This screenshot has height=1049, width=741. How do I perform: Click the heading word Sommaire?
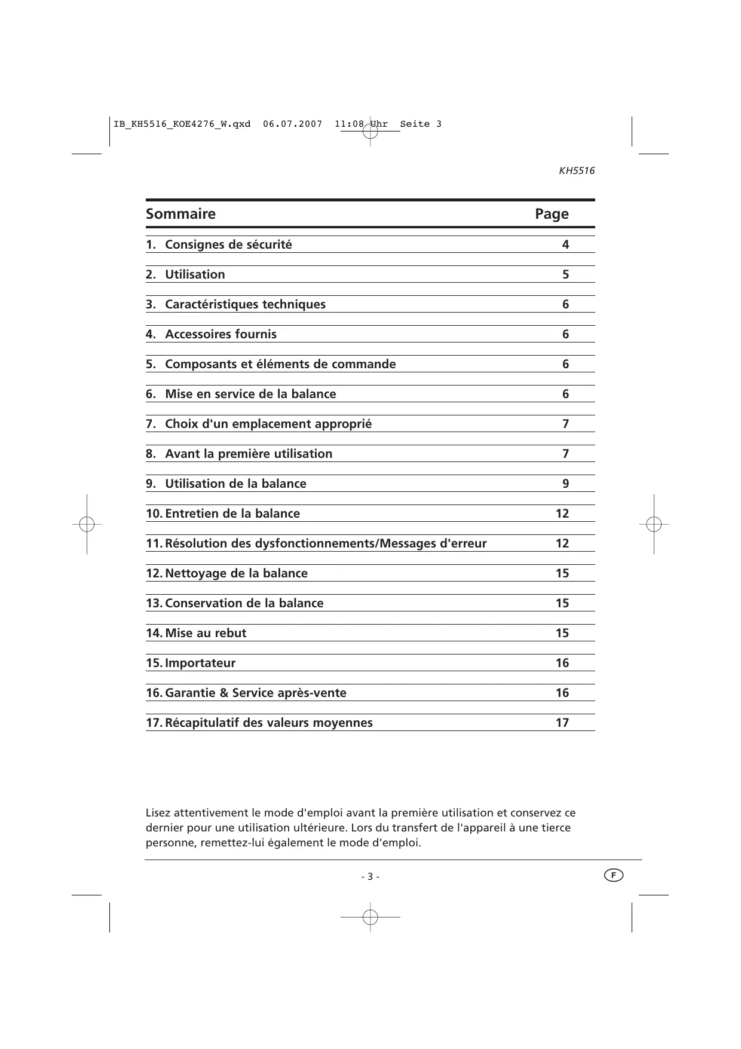180,214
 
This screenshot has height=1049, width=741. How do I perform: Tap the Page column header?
552,214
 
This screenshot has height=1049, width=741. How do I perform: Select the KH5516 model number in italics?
577,171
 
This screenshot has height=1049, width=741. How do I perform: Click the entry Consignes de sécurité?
228,244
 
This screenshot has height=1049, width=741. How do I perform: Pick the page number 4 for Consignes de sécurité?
565,244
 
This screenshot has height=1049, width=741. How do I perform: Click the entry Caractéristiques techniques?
245,304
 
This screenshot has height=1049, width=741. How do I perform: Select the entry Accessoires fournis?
221,334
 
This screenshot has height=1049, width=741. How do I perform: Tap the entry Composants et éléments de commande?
280,364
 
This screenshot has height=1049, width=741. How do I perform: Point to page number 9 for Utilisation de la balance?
565,484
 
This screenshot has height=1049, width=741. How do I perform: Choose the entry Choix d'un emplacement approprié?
268,424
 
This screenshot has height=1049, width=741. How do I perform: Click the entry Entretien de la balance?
232,513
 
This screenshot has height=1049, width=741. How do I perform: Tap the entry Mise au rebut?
206,633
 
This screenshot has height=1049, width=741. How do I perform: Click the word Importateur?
200,663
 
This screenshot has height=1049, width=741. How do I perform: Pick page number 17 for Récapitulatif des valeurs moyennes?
562,723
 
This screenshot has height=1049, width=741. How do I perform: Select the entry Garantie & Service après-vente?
256,693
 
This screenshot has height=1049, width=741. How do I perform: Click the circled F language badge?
613,876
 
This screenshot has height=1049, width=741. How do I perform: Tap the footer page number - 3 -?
370,877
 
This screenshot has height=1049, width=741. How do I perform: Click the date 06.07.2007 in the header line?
292,124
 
